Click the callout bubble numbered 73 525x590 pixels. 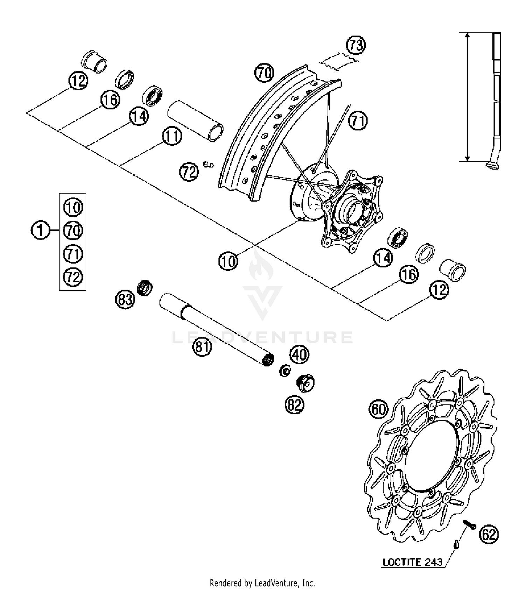pyautogui.click(x=356, y=46)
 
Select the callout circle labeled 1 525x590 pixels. pyautogui.click(x=41, y=231)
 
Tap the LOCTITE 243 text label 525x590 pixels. pyautogui.click(x=412, y=563)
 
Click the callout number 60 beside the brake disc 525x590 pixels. pyautogui.click(x=378, y=409)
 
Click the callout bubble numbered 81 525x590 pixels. pyautogui.click(x=202, y=347)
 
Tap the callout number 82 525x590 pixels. pyautogui.click(x=294, y=405)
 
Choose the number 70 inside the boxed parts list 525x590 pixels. pyautogui.click(x=73, y=231)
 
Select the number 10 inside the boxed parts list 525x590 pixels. pyautogui.click(x=73, y=207)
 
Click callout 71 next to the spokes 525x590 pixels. pyautogui.click(x=358, y=121)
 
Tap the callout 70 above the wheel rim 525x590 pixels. pyautogui.click(x=264, y=73)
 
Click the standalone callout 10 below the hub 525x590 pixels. pyautogui.click(x=228, y=261)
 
